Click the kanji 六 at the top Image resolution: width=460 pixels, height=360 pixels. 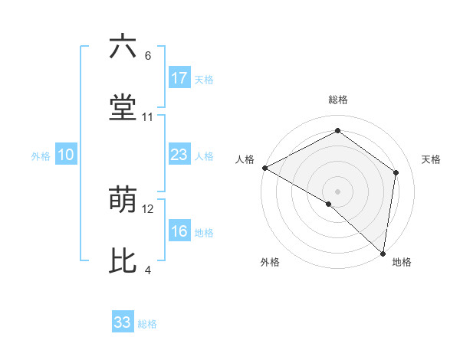click(x=123, y=47)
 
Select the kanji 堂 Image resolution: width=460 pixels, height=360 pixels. click(x=123, y=108)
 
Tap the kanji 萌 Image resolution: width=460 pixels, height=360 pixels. click(x=123, y=200)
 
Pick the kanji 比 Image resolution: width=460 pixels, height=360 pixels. click(x=123, y=261)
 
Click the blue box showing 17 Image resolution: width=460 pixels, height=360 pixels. click(x=179, y=77)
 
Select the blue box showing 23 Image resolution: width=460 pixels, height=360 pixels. click(x=179, y=155)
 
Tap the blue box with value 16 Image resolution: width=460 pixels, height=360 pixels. click(x=179, y=231)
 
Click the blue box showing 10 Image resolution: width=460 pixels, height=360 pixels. click(x=66, y=155)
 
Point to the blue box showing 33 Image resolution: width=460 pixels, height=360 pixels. click(x=123, y=322)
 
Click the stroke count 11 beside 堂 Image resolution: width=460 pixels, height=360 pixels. click(x=148, y=117)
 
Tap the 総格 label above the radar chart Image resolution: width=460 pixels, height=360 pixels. click(x=338, y=100)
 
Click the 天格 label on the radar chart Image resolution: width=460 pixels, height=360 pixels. click(x=431, y=159)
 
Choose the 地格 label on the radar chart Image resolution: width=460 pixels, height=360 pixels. click(x=402, y=262)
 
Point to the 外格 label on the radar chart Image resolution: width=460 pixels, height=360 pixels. click(x=270, y=262)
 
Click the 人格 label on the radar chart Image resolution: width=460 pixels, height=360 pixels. click(x=245, y=159)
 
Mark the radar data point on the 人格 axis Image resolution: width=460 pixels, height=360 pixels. click(x=264, y=168)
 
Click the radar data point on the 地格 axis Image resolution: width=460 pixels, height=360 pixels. click(x=383, y=253)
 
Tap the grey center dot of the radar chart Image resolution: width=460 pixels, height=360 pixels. click(x=338, y=191)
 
